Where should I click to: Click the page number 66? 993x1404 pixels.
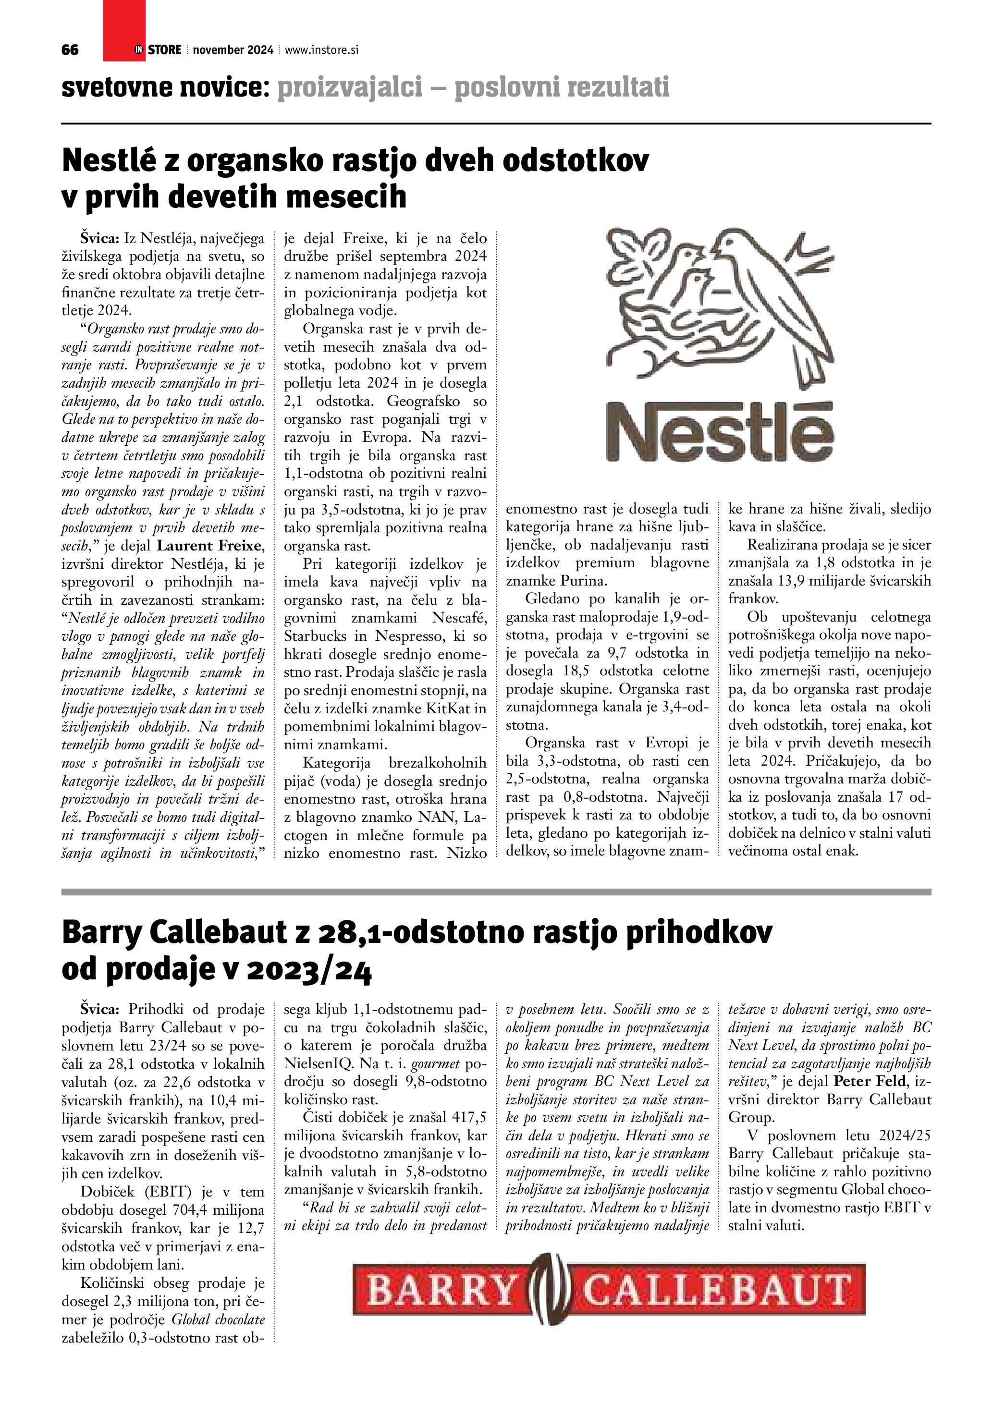coord(70,50)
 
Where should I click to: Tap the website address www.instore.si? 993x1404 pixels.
coord(321,50)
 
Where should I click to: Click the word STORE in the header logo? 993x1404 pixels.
coord(164,50)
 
